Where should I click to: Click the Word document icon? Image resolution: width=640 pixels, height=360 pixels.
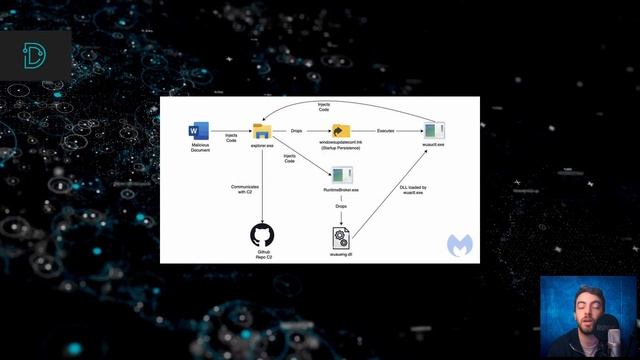[x=198, y=131]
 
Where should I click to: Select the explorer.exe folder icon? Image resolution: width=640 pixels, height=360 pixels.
[x=262, y=130]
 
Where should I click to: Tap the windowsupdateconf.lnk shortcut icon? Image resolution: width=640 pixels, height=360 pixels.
[x=340, y=131]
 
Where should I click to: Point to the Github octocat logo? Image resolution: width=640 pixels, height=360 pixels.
[x=262, y=236]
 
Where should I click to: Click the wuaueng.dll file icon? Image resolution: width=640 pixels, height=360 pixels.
[x=340, y=237]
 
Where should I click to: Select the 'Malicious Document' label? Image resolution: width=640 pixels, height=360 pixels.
[x=200, y=148]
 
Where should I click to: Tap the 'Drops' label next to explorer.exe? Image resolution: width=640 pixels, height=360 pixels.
[x=297, y=131]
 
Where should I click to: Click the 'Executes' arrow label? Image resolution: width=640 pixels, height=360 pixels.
[x=385, y=131]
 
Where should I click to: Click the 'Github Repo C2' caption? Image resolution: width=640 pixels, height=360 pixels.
[x=262, y=256]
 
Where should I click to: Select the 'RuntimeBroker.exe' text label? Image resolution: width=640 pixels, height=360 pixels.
[x=340, y=190]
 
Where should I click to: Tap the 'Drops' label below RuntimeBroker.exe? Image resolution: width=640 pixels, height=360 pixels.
[x=341, y=207]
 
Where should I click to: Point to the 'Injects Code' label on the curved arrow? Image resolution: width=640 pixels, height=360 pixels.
[x=324, y=106]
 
